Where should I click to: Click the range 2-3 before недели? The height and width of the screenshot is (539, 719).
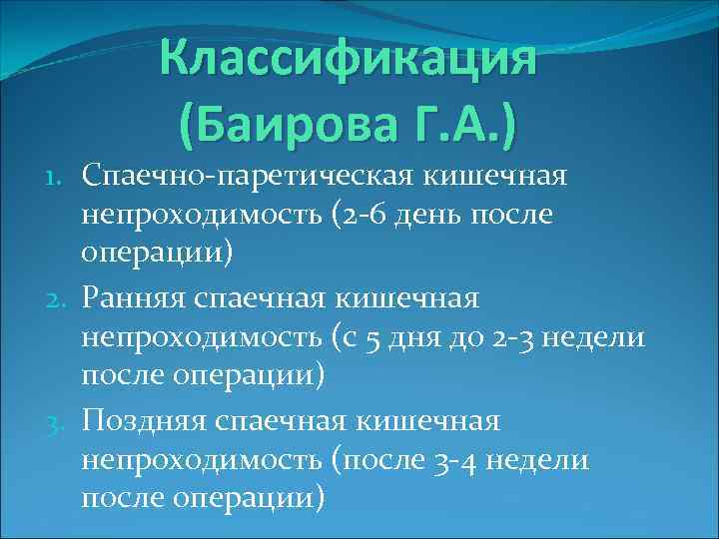519,338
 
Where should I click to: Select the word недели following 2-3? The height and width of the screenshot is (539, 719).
600,338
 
